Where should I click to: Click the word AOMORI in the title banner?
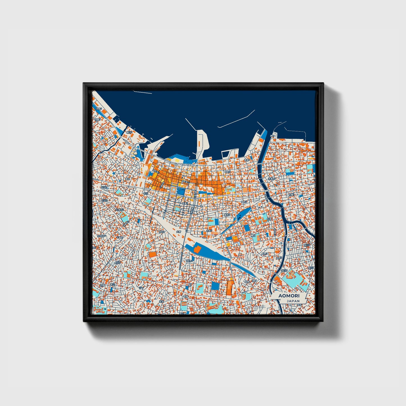pyautogui.click(x=289, y=296)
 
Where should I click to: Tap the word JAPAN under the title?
pyautogui.click(x=293, y=301)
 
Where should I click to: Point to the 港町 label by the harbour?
pyautogui.click(x=272, y=136)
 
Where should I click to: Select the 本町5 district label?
pyautogui.click(x=227, y=172)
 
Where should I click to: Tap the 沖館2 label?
pyautogui.click(x=98, y=109)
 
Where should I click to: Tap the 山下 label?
pyautogui.click(x=141, y=288)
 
